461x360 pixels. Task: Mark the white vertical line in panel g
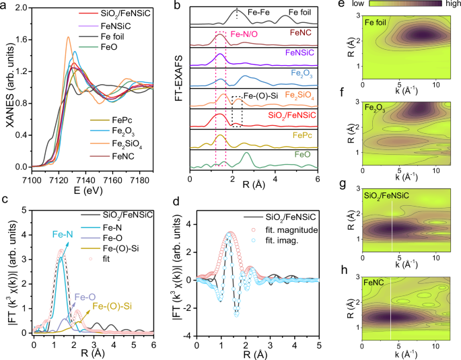[x=392, y=222]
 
